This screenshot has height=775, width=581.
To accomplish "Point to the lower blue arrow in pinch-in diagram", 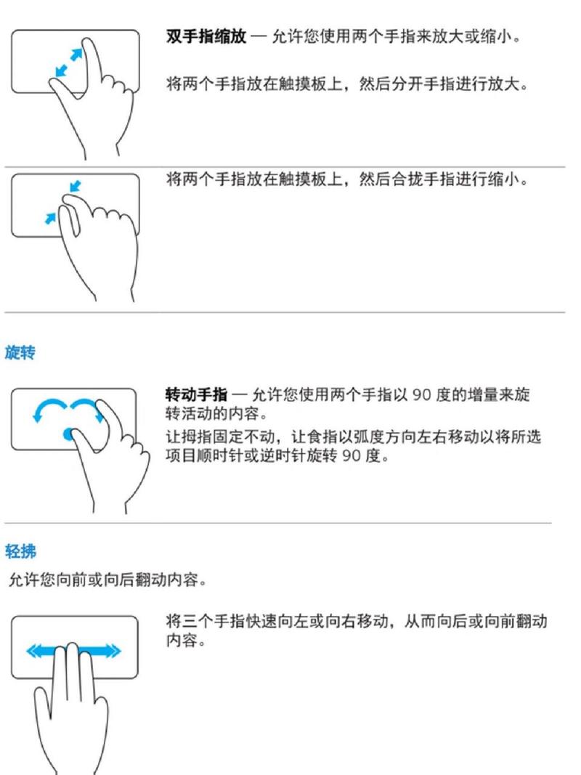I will coord(50,216).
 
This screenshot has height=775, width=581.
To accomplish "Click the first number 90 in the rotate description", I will coord(422,396).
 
